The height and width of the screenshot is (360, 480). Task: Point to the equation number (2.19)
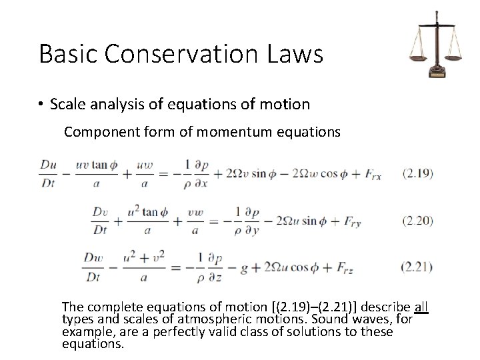click(x=418, y=173)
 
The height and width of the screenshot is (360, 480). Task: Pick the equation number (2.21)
click(x=418, y=267)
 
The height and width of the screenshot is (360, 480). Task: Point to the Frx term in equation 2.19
click(x=373, y=174)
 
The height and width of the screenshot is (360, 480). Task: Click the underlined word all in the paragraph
click(x=421, y=307)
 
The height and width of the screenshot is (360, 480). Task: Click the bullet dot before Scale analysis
click(x=41, y=105)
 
